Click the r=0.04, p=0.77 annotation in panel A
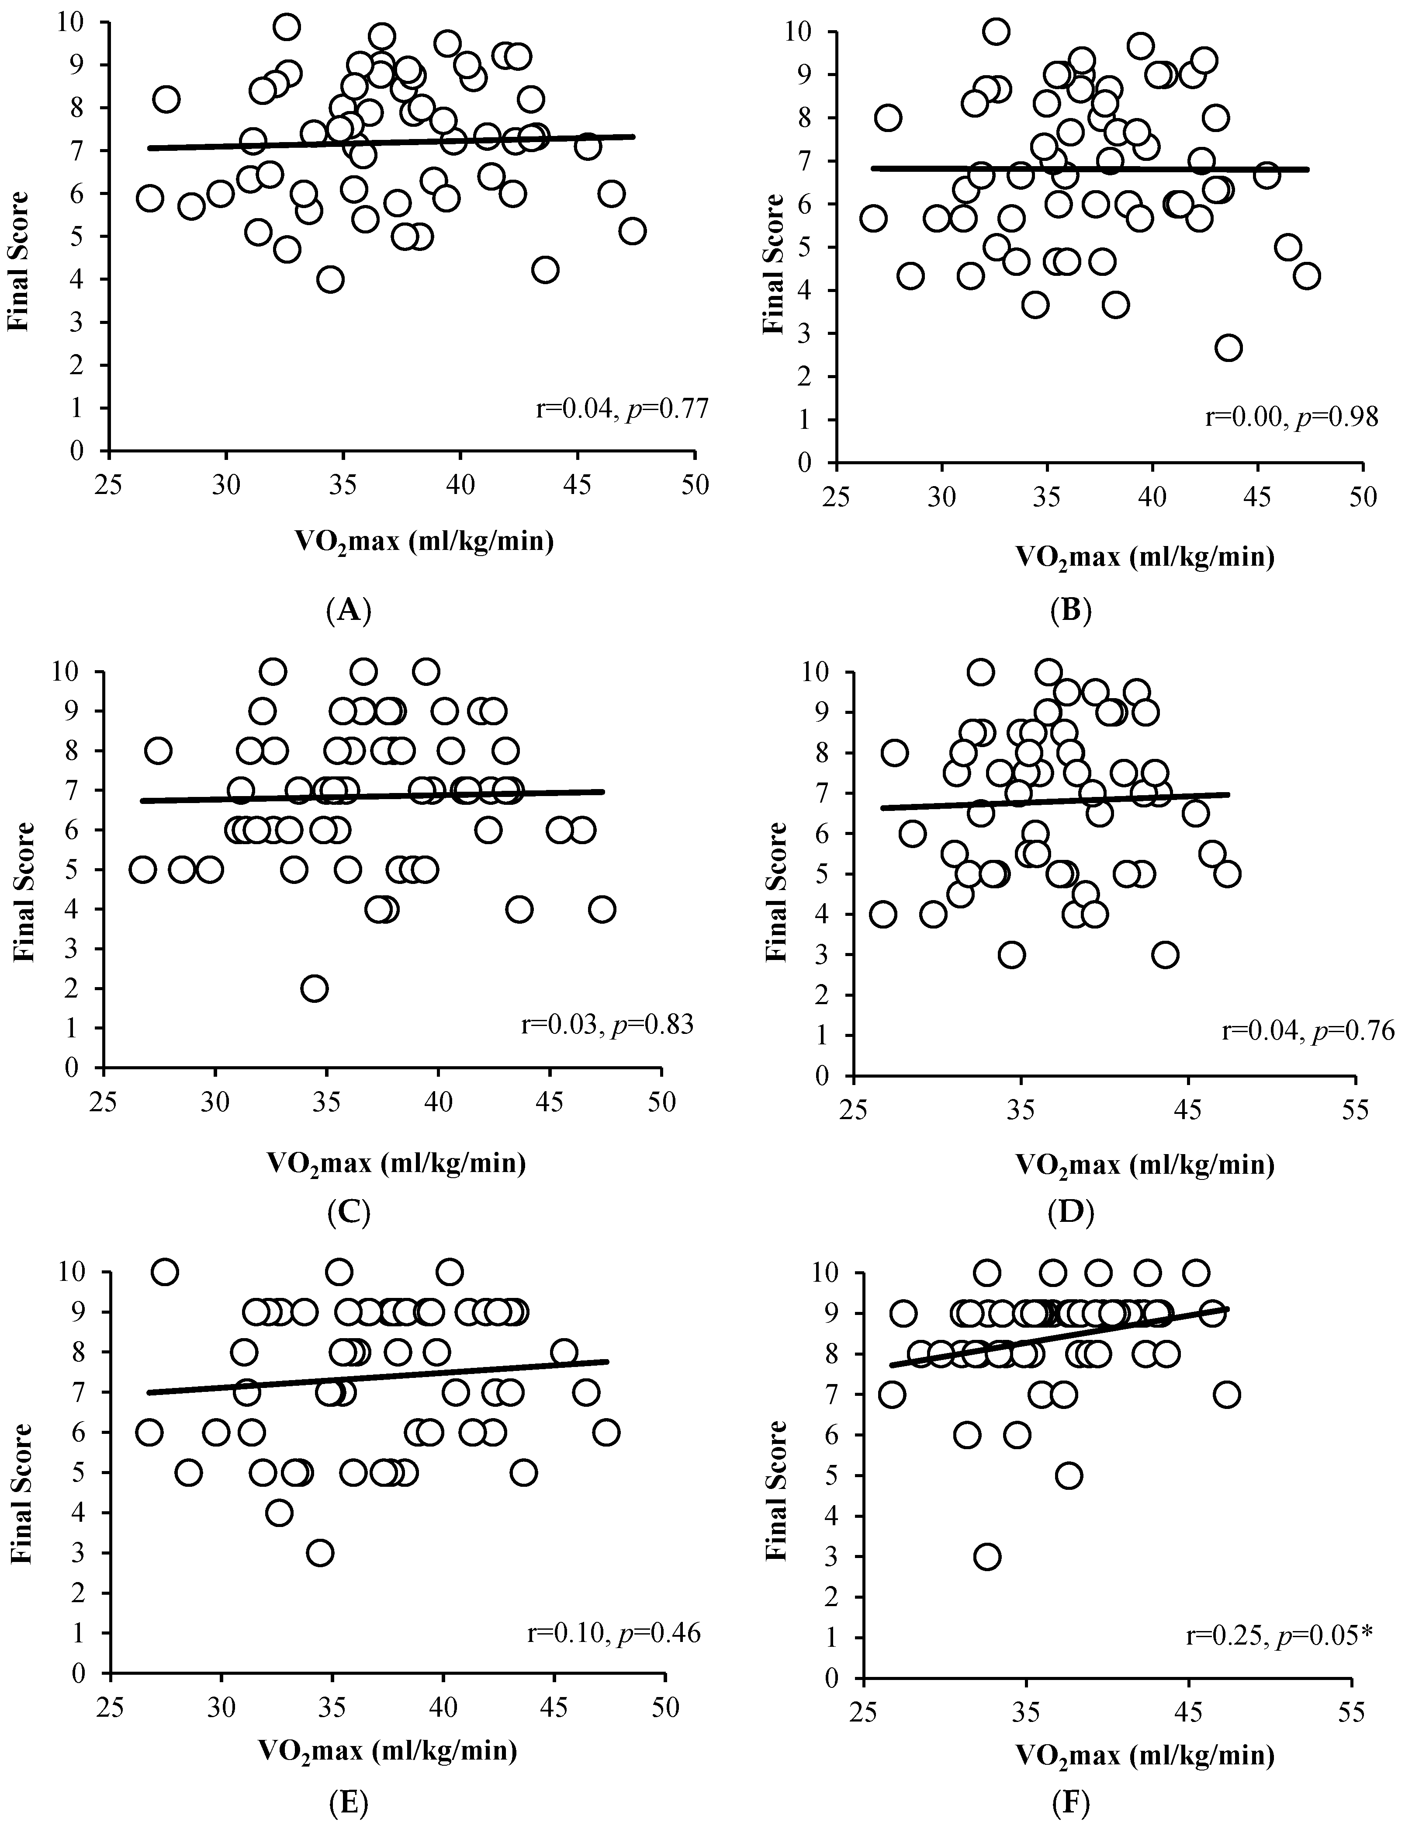[623, 409]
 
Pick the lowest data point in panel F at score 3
[988, 1557]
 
